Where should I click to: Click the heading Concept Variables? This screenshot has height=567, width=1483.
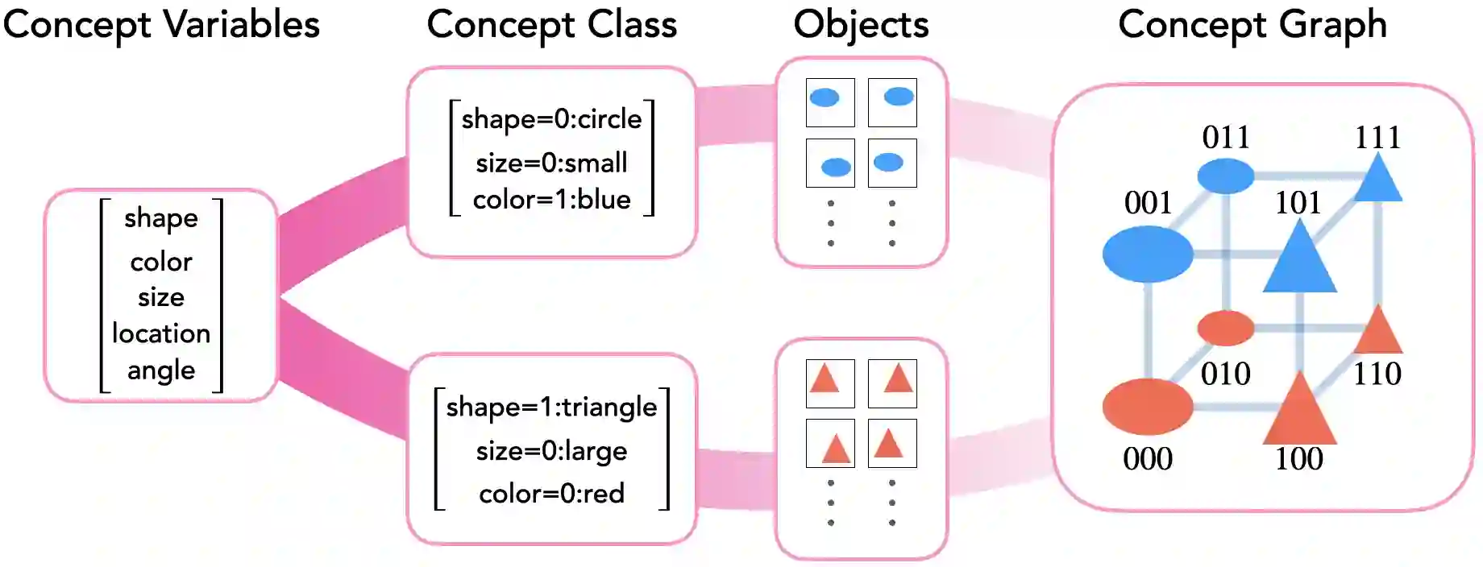[x=161, y=24]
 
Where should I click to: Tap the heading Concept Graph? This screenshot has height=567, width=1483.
[x=1252, y=24]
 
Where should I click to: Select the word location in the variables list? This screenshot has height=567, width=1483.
[x=161, y=333]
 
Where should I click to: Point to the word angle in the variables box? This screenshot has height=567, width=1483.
[x=161, y=370]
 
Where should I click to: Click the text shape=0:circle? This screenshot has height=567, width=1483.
[x=551, y=119]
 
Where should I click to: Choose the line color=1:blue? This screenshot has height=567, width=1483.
[x=551, y=200]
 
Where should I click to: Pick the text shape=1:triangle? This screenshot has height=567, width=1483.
[x=551, y=408]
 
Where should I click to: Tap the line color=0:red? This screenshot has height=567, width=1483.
[x=551, y=493]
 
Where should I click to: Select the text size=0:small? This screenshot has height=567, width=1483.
[x=551, y=163]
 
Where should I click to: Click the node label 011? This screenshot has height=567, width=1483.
[x=1225, y=138]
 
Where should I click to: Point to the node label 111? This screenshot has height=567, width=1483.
[x=1377, y=138]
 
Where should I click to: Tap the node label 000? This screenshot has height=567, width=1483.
[x=1148, y=459]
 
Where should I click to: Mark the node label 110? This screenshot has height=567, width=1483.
[x=1377, y=374]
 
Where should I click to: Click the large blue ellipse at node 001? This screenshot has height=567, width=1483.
[x=1148, y=254]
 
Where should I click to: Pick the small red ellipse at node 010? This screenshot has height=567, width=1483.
[x=1225, y=328]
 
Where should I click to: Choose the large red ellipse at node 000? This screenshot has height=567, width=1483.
[x=1148, y=406]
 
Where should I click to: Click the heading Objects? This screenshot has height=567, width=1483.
[x=861, y=24]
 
